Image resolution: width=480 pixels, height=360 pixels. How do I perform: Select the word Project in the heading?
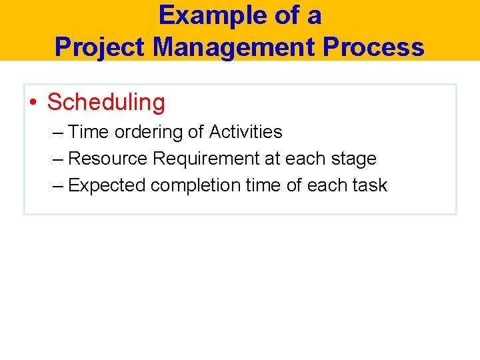pyautogui.click(x=99, y=47)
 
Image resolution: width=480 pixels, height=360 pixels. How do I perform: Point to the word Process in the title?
pyautogui.click(x=383, y=47)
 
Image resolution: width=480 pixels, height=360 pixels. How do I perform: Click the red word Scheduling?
pyautogui.click(x=106, y=102)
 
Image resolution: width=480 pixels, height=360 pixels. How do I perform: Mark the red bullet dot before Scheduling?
pyautogui.click(x=33, y=103)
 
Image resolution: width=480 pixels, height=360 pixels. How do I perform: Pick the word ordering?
pyautogui.click(x=149, y=132)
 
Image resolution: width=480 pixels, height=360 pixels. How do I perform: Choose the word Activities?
pyautogui.click(x=245, y=132)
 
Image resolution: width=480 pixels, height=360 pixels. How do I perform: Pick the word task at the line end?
pyautogui.click(x=371, y=185)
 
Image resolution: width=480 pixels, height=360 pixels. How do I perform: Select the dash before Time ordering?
pyautogui.click(x=58, y=132)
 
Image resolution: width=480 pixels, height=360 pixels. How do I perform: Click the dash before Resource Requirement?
pyautogui.click(x=58, y=159)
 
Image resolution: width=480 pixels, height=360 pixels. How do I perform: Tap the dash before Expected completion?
pyautogui.click(x=58, y=185)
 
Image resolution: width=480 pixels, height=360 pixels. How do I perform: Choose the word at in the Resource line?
pyautogui.click(x=272, y=159)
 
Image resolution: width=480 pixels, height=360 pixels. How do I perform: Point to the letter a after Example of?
pyautogui.click(x=313, y=15)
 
